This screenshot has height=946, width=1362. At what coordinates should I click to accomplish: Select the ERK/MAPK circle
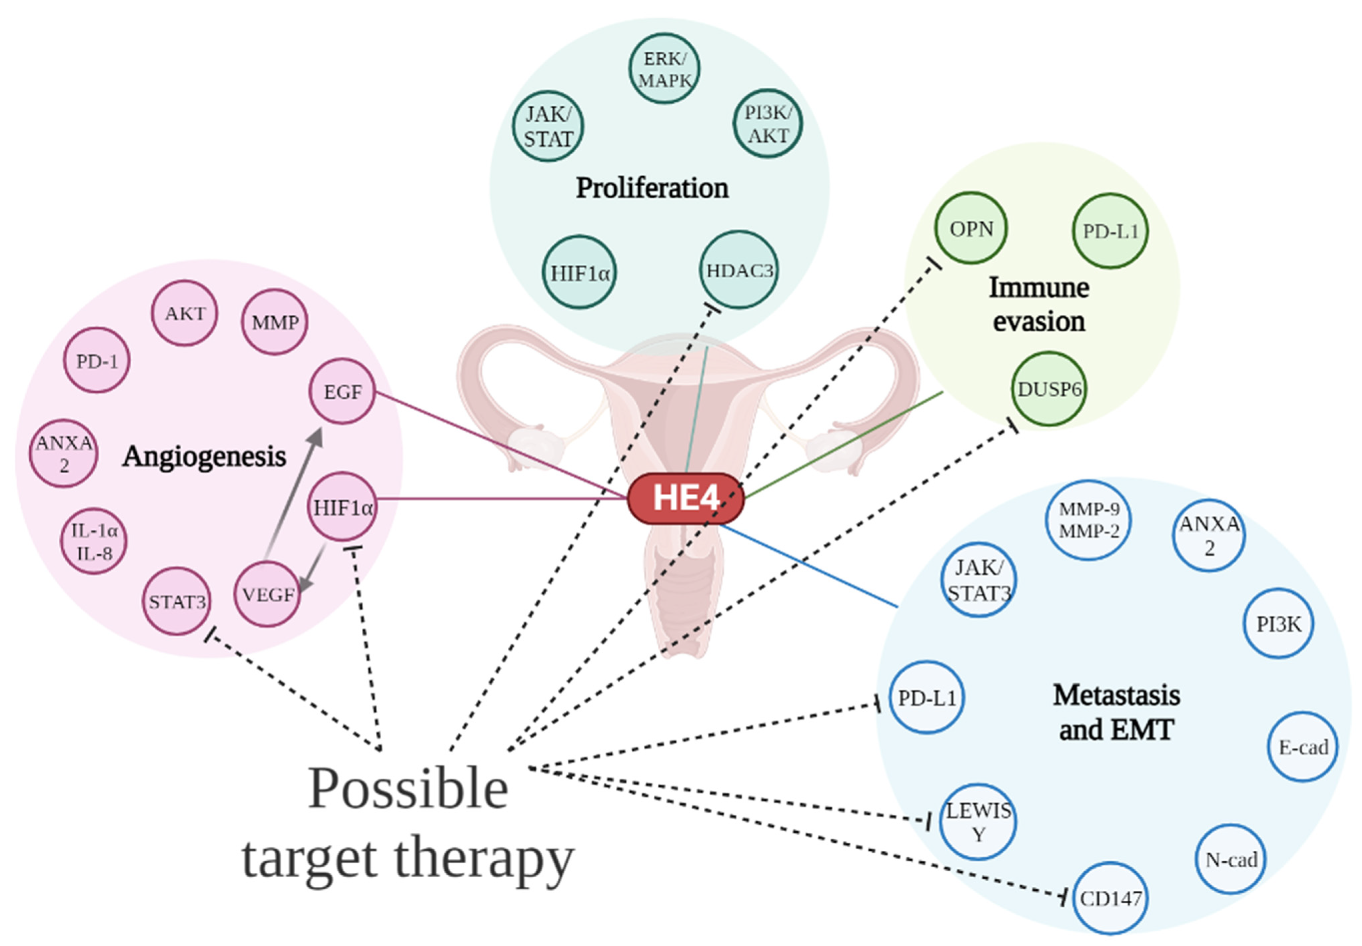point(664,69)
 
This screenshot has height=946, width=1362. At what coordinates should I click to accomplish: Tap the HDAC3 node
point(739,270)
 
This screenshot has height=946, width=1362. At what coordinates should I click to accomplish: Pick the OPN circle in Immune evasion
point(971,228)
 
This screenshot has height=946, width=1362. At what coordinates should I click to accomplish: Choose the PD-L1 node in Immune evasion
point(1110,231)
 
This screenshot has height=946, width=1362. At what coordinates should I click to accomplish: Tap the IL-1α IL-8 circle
point(94,541)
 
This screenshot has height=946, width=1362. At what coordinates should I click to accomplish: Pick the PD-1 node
point(97,360)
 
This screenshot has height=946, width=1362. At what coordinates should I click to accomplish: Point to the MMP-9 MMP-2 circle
point(1088,519)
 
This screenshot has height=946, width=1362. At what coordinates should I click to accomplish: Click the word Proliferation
point(652,188)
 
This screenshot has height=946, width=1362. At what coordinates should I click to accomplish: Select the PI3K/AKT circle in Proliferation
point(768,124)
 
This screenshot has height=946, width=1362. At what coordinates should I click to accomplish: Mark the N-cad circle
point(1230,859)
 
